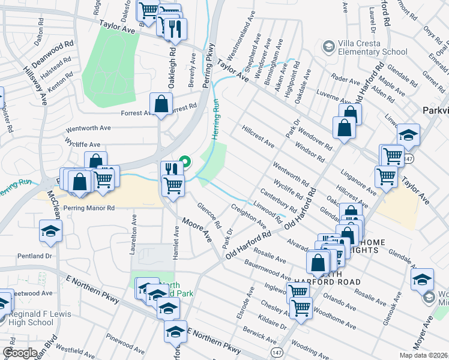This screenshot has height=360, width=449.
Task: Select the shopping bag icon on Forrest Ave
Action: tap(161, 104)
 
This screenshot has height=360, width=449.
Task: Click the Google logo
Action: tap(20, 353)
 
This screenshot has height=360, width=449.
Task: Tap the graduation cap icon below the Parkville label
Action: tap(408, 136)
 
